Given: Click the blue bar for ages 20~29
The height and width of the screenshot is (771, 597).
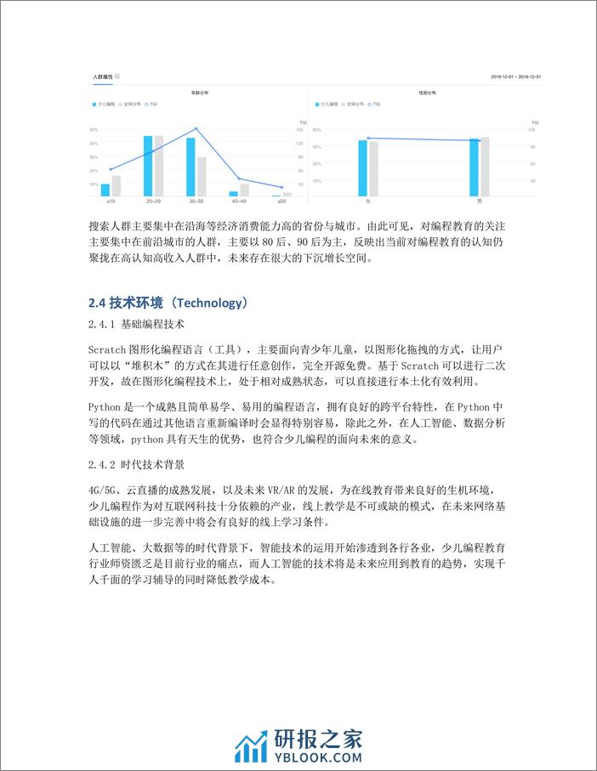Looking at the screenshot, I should pos(148,166).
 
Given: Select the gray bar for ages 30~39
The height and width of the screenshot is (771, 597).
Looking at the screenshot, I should pos(202,177).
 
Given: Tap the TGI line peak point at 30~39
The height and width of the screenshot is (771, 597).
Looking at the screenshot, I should pos(196,129).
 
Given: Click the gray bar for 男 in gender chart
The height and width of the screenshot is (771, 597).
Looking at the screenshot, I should pos(485,167).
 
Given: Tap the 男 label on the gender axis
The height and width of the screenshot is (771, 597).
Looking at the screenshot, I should pos(480,202).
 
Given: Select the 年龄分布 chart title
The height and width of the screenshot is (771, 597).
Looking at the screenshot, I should pos(196,92).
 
